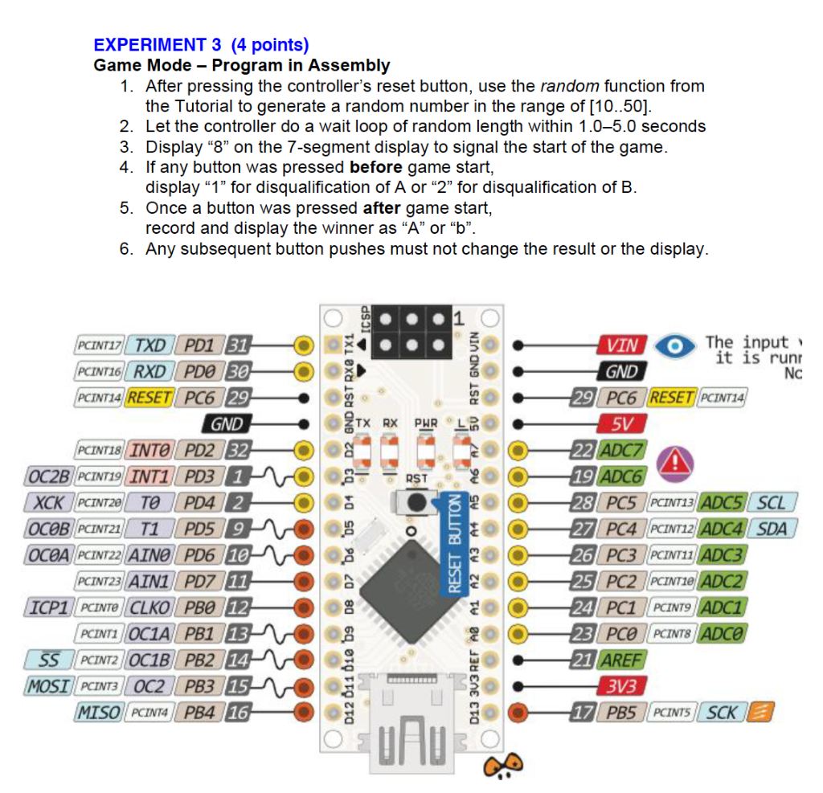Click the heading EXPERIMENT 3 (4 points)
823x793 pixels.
click(x=201, y=45)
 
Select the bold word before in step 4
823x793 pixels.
click(x=376, y=167)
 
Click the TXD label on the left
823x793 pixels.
click(x=149, y=345)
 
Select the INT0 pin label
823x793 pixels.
click(x=149, y=450)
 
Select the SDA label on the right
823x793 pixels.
click(x=772, y=529)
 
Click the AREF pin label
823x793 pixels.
click(x=621, y=660)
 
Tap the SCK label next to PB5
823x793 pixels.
click(x=722, y=712)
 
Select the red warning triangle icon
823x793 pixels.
click(x=674, y=463)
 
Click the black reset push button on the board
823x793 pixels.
click(x=416, y=502)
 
